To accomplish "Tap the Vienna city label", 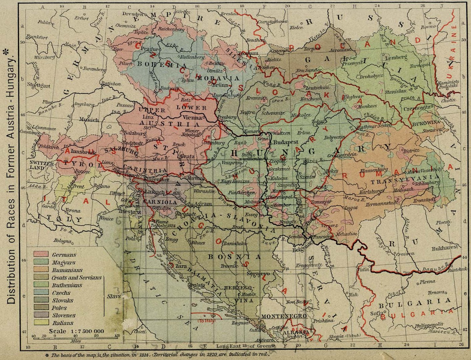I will [x=192, y=118].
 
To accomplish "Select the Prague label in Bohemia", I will [x=147, y=49].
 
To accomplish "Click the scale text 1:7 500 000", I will [x=77, y=331].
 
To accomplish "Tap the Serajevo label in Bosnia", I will [x=258, y=273].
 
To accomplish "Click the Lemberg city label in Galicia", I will [x=396, y=57].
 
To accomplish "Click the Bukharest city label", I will [x=445, y=248].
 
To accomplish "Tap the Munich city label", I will [x=89, y=119].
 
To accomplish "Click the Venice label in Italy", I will [x=106, y=219].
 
